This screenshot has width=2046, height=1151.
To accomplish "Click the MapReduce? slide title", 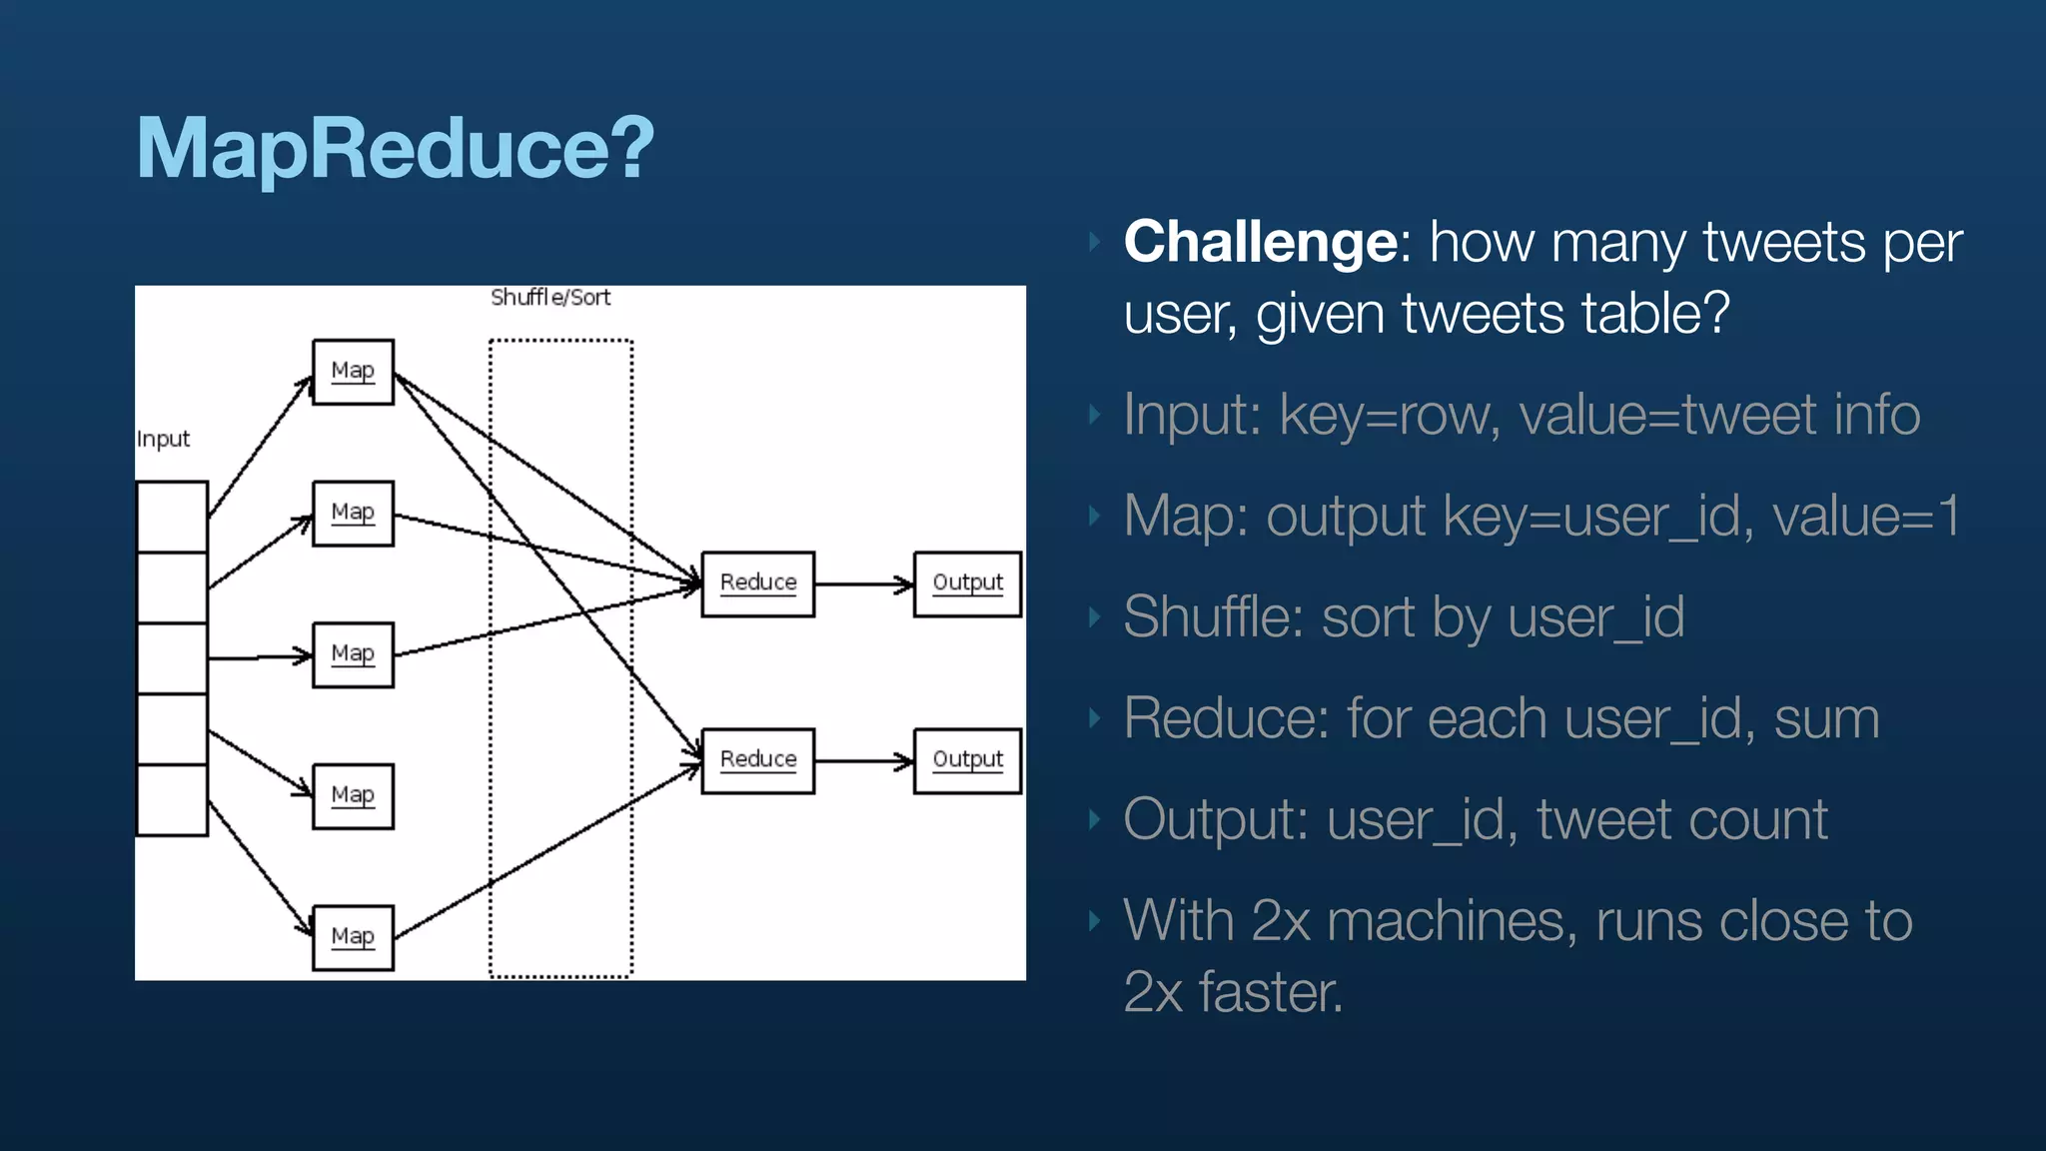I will coord(395,148).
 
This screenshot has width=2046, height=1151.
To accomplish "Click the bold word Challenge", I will coord(1261,242).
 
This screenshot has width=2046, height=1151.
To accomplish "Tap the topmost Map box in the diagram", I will coord(353,372).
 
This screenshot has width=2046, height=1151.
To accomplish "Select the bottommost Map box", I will coord(353,937).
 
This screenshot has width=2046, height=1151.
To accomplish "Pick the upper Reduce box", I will coord(757,583).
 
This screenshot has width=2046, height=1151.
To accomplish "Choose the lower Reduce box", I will coord(757,760).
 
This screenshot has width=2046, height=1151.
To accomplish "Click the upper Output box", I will coord(967,583).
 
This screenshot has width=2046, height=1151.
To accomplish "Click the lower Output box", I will coord(967,760).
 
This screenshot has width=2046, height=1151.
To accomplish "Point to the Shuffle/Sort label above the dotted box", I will coord(550,298).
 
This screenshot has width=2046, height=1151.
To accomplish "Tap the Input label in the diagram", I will coord(163,440).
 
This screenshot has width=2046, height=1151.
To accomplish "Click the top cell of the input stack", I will coord(172,517).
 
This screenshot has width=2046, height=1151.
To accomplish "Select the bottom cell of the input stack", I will coord(172,799).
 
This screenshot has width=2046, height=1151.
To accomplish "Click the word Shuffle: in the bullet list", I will coord(1213,616).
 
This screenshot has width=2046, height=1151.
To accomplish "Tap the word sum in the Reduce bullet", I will coord(1826,718).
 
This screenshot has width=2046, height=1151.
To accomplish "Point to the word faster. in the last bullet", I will coord(1270,992).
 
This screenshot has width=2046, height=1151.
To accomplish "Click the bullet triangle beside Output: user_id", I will coord(1095,820).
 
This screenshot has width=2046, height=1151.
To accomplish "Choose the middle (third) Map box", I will coord(353,654).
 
